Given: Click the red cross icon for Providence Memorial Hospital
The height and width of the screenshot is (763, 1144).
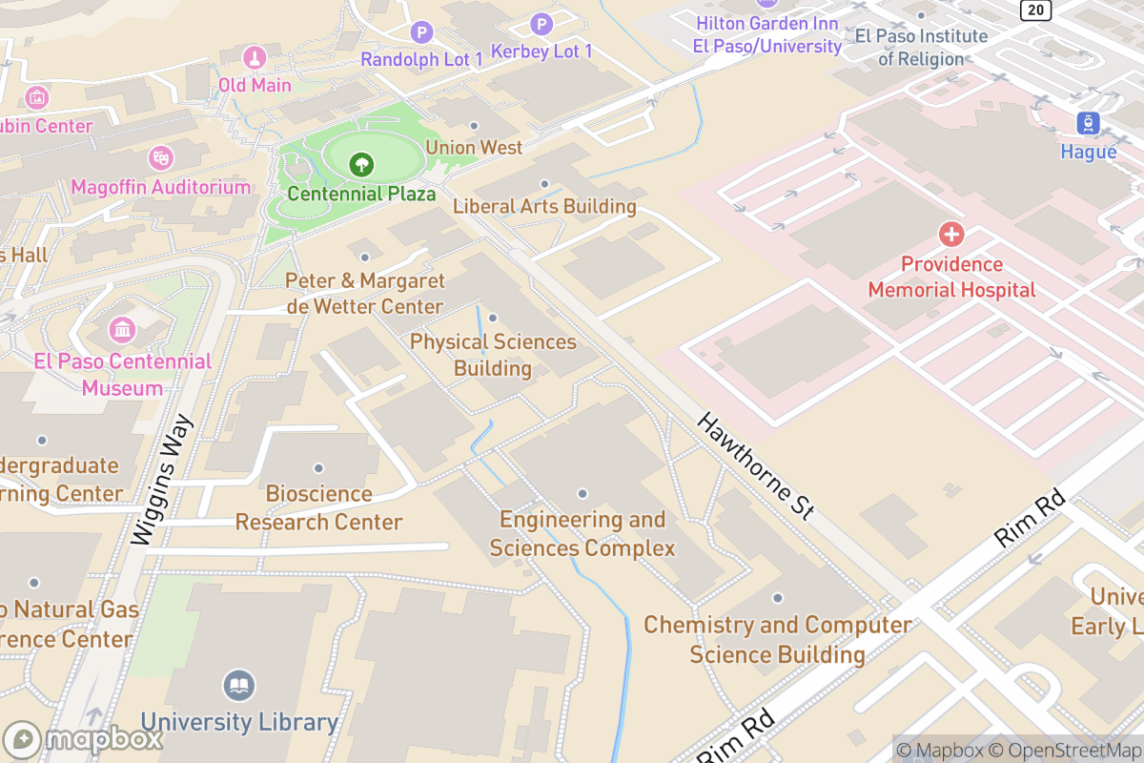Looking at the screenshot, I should (950, 234).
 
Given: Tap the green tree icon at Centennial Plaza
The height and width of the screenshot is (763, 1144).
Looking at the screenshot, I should (361, 165).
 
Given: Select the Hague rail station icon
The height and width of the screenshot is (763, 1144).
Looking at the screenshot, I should (1088, 123).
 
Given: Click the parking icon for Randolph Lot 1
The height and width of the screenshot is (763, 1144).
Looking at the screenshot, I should (421, 33).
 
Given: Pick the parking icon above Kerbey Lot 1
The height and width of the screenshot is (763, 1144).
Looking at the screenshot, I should (541, 24).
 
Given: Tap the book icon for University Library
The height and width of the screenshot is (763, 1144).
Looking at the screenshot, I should (239, 685).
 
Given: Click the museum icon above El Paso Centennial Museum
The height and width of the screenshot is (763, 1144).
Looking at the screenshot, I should (122, 331).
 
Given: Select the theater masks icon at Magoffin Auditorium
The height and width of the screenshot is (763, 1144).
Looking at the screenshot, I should (160, 157).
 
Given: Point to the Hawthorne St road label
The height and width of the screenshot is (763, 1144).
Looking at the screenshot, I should (755, 466).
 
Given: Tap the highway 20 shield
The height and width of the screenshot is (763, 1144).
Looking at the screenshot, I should (1035, 10).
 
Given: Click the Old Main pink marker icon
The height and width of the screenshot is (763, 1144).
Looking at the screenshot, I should (255, 57).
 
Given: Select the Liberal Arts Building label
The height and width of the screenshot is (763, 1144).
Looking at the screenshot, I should (544, 206).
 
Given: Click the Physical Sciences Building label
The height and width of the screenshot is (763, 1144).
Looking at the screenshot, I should (493, 355).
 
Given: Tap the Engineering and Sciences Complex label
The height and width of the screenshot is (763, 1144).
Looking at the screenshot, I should (582, 534).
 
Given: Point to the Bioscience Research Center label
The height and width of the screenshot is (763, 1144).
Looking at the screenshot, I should (318, 507).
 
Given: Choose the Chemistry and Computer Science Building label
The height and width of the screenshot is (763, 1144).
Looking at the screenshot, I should (777, 639).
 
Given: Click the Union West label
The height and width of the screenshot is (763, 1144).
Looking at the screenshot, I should (474, 147).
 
